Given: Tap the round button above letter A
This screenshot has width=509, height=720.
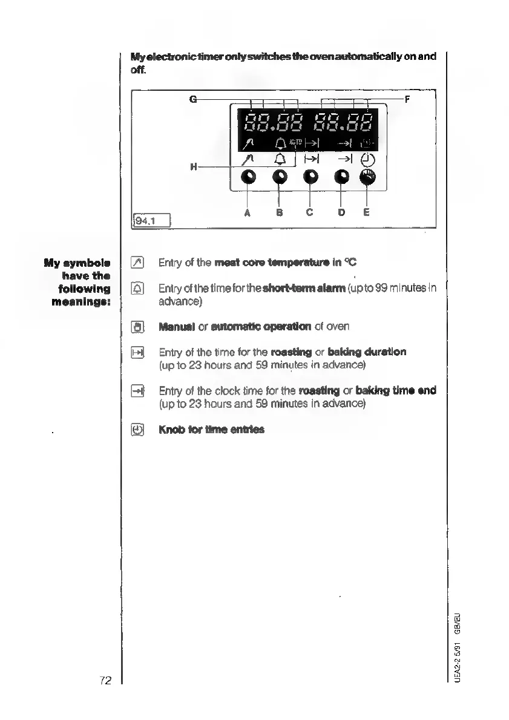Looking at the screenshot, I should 248,177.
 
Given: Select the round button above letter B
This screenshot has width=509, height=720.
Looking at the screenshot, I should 279,177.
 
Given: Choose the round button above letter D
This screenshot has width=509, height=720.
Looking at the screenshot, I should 341,177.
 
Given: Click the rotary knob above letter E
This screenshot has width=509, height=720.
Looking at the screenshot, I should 368,177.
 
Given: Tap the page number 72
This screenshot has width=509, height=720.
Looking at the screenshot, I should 106,681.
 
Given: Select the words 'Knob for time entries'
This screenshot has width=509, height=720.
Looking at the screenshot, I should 211,430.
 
